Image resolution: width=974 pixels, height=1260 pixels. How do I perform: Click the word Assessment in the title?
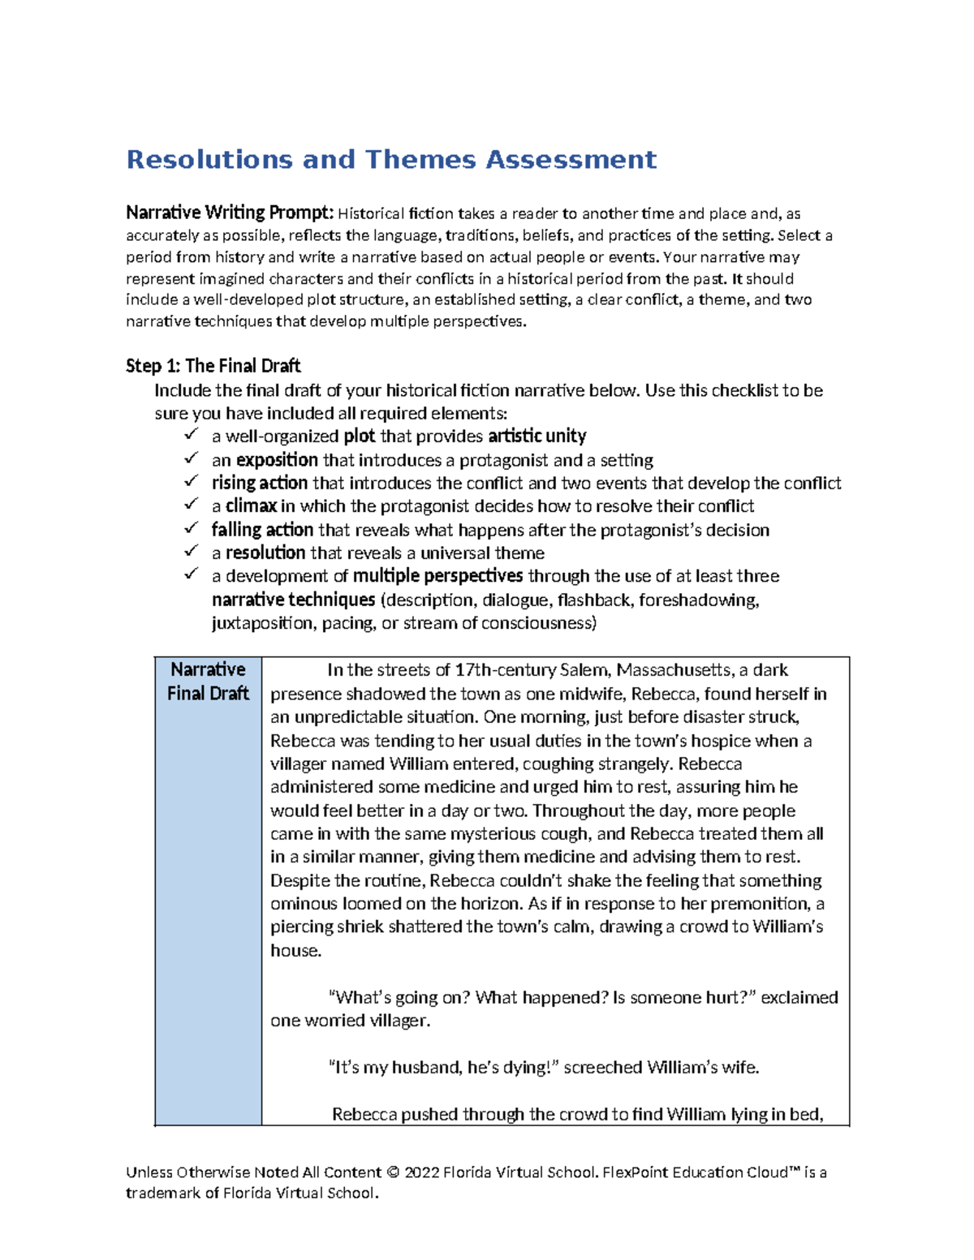571,160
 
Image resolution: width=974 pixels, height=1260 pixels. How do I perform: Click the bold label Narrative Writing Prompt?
230,213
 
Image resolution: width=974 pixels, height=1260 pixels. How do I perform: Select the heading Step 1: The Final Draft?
213,366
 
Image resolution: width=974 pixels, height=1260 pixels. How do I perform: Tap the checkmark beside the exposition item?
191,458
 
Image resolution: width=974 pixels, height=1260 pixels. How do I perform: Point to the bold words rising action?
259,484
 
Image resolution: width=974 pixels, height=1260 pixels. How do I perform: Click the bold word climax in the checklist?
251,506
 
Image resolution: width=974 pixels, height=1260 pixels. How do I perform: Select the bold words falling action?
262,530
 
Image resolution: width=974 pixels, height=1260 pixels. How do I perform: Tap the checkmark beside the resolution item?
191,551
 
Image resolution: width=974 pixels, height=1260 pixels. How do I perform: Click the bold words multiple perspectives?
437,576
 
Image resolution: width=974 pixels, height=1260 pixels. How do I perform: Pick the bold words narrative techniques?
293,600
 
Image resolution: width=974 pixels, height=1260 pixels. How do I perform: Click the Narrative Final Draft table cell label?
208,682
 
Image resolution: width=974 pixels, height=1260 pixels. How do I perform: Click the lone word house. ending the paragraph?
295,951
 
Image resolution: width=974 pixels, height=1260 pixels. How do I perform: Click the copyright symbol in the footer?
393,1172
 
